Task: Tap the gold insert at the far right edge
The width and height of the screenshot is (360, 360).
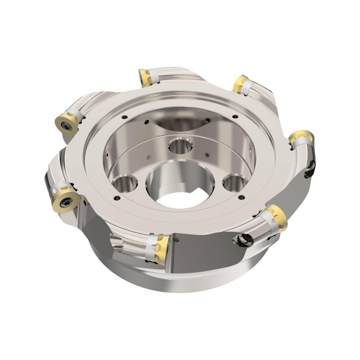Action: [x=301, y=137]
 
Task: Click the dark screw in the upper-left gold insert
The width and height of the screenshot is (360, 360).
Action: [x=67, y=127]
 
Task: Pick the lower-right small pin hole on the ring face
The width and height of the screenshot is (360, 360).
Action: [x=242, y=197]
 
